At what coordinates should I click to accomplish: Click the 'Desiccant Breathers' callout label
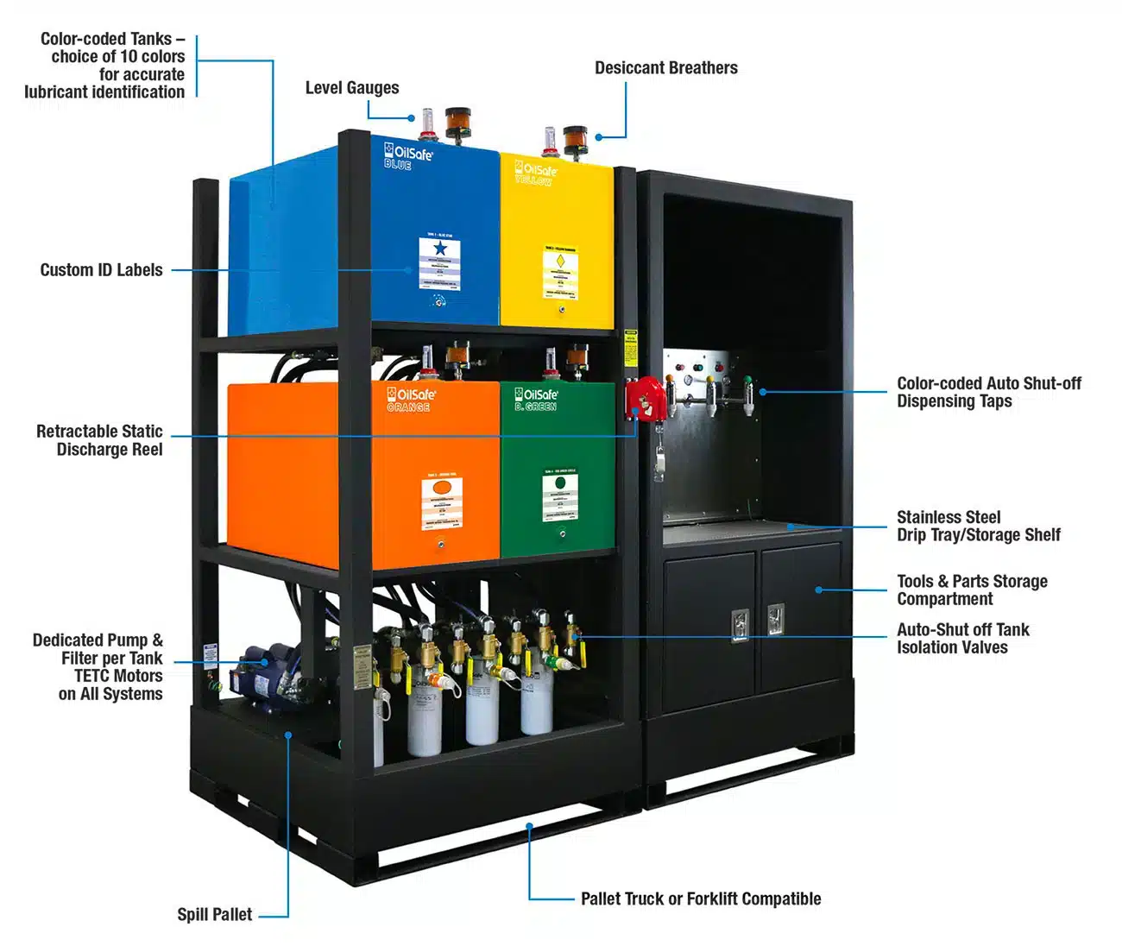click(x=665, y=68)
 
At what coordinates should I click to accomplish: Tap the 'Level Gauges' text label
click(x=352, y=88)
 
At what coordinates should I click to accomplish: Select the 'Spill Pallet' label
click(x=215, y=915)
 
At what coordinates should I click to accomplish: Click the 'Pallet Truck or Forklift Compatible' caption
click(x=700, y=899)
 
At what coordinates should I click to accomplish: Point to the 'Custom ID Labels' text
click(x=101, y=270)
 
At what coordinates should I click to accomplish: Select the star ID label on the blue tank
click(x=439, y=262)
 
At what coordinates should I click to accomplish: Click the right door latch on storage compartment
click(x=775, y=619)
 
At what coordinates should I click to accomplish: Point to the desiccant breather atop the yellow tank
click(x=575, y=140)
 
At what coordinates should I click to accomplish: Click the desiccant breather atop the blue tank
click(x=457, y=123)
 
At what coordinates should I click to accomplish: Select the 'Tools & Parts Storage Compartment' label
click(x=971, y=590)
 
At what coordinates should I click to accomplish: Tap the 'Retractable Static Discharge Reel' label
click(x=99, y=440)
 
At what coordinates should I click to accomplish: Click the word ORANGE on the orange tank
click(x=408, y=407)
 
